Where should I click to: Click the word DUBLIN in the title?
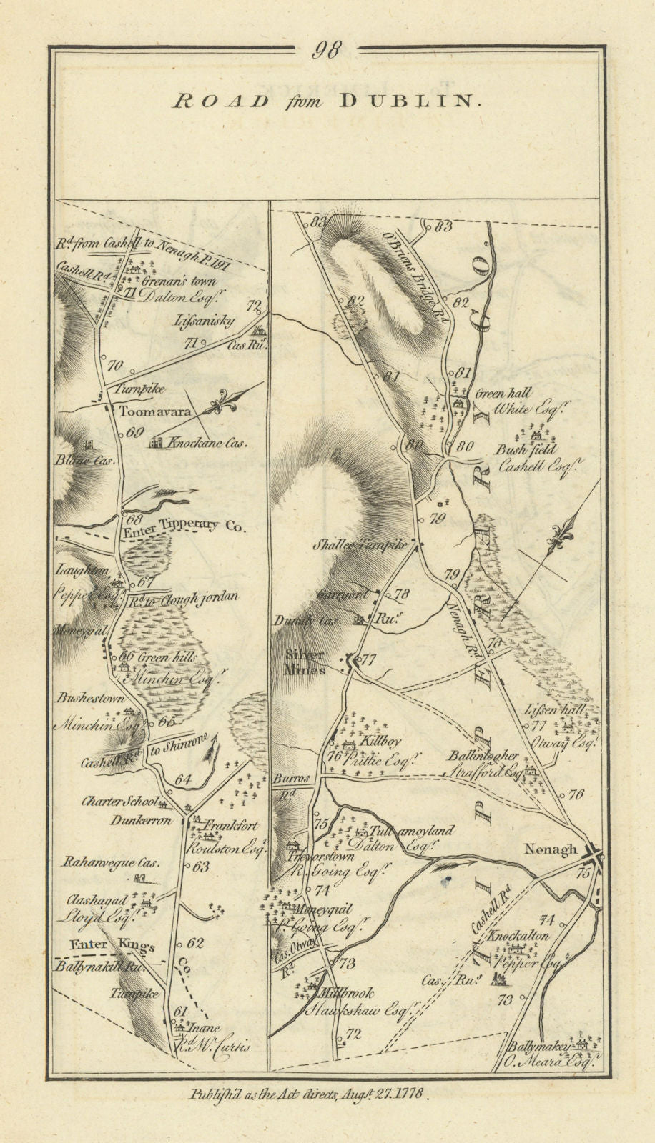click(405, 101)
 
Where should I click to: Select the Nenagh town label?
click(550, 849)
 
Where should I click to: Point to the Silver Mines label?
click(305, 662)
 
